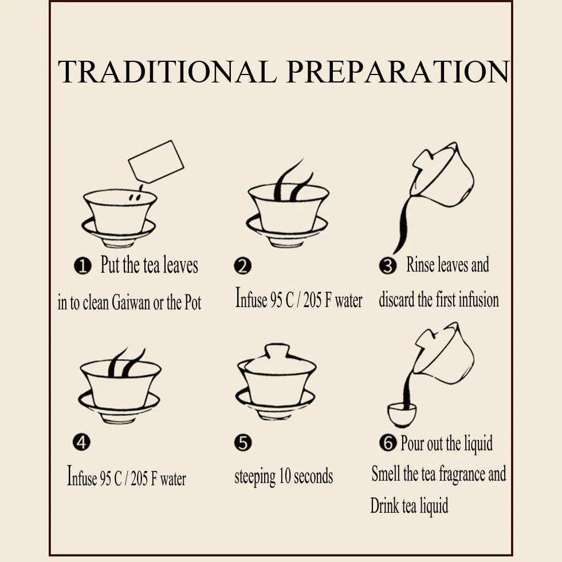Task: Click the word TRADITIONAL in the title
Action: (167, 72)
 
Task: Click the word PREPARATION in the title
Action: (398, 72)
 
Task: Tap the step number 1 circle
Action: (82, 266)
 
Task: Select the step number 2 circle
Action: (243, 266)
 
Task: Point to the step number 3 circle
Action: (388, 266)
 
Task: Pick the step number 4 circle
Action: (81, 442)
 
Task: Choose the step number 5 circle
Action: (243, 442)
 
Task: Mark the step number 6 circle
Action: (388, 442)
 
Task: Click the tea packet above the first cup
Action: (156, 162)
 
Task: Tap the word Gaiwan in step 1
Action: (131, 302)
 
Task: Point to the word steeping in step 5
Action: (255, 477)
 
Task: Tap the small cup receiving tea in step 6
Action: (402, 415)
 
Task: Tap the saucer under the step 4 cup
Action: (119, 405)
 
